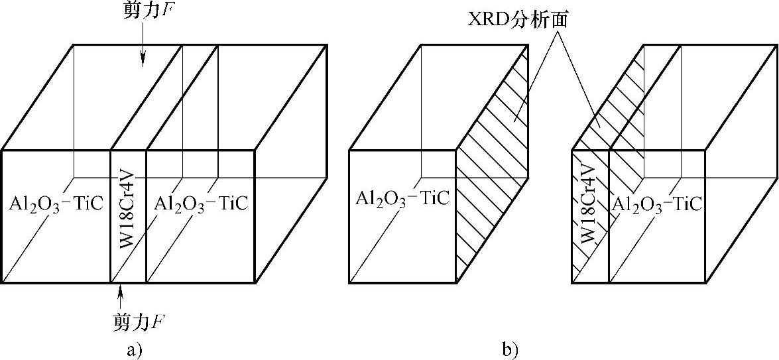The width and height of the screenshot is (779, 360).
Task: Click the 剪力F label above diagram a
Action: [145, 11]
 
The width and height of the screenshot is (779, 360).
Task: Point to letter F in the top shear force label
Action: [162, 11]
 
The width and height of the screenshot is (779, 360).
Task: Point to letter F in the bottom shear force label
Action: [158, 324]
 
